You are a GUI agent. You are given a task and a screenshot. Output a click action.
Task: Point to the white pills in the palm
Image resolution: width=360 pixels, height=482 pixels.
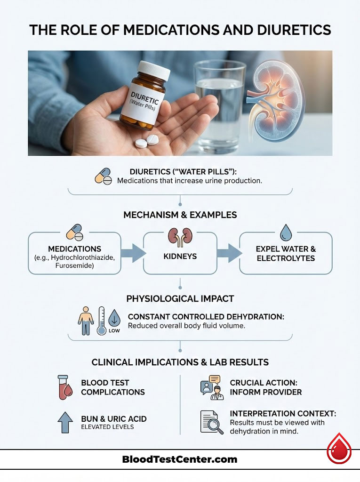[146, 141]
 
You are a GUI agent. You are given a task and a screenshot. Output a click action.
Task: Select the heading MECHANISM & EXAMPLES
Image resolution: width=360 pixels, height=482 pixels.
[180, 215]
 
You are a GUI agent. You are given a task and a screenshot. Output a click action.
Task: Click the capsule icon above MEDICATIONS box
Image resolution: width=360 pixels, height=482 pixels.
[75, 232]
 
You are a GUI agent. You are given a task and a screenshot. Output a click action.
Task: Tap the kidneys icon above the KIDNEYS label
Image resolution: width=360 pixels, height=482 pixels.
[180, 237]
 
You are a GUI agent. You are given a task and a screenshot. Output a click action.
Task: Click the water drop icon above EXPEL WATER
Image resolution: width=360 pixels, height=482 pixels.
[286, 233]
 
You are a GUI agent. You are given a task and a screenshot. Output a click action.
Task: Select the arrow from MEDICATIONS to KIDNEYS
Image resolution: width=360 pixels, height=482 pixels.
[132, 253]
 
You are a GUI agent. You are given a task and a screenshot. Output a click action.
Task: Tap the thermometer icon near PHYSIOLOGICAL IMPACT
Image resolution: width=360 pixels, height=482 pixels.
[101, 321]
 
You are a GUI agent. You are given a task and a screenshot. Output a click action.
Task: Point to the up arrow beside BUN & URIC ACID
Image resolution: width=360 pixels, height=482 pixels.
[64, 422]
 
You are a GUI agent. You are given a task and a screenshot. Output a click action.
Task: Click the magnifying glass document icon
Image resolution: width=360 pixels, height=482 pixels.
[211, 421]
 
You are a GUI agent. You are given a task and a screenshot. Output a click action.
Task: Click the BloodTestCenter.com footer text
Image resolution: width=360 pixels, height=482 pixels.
[179, 459]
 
